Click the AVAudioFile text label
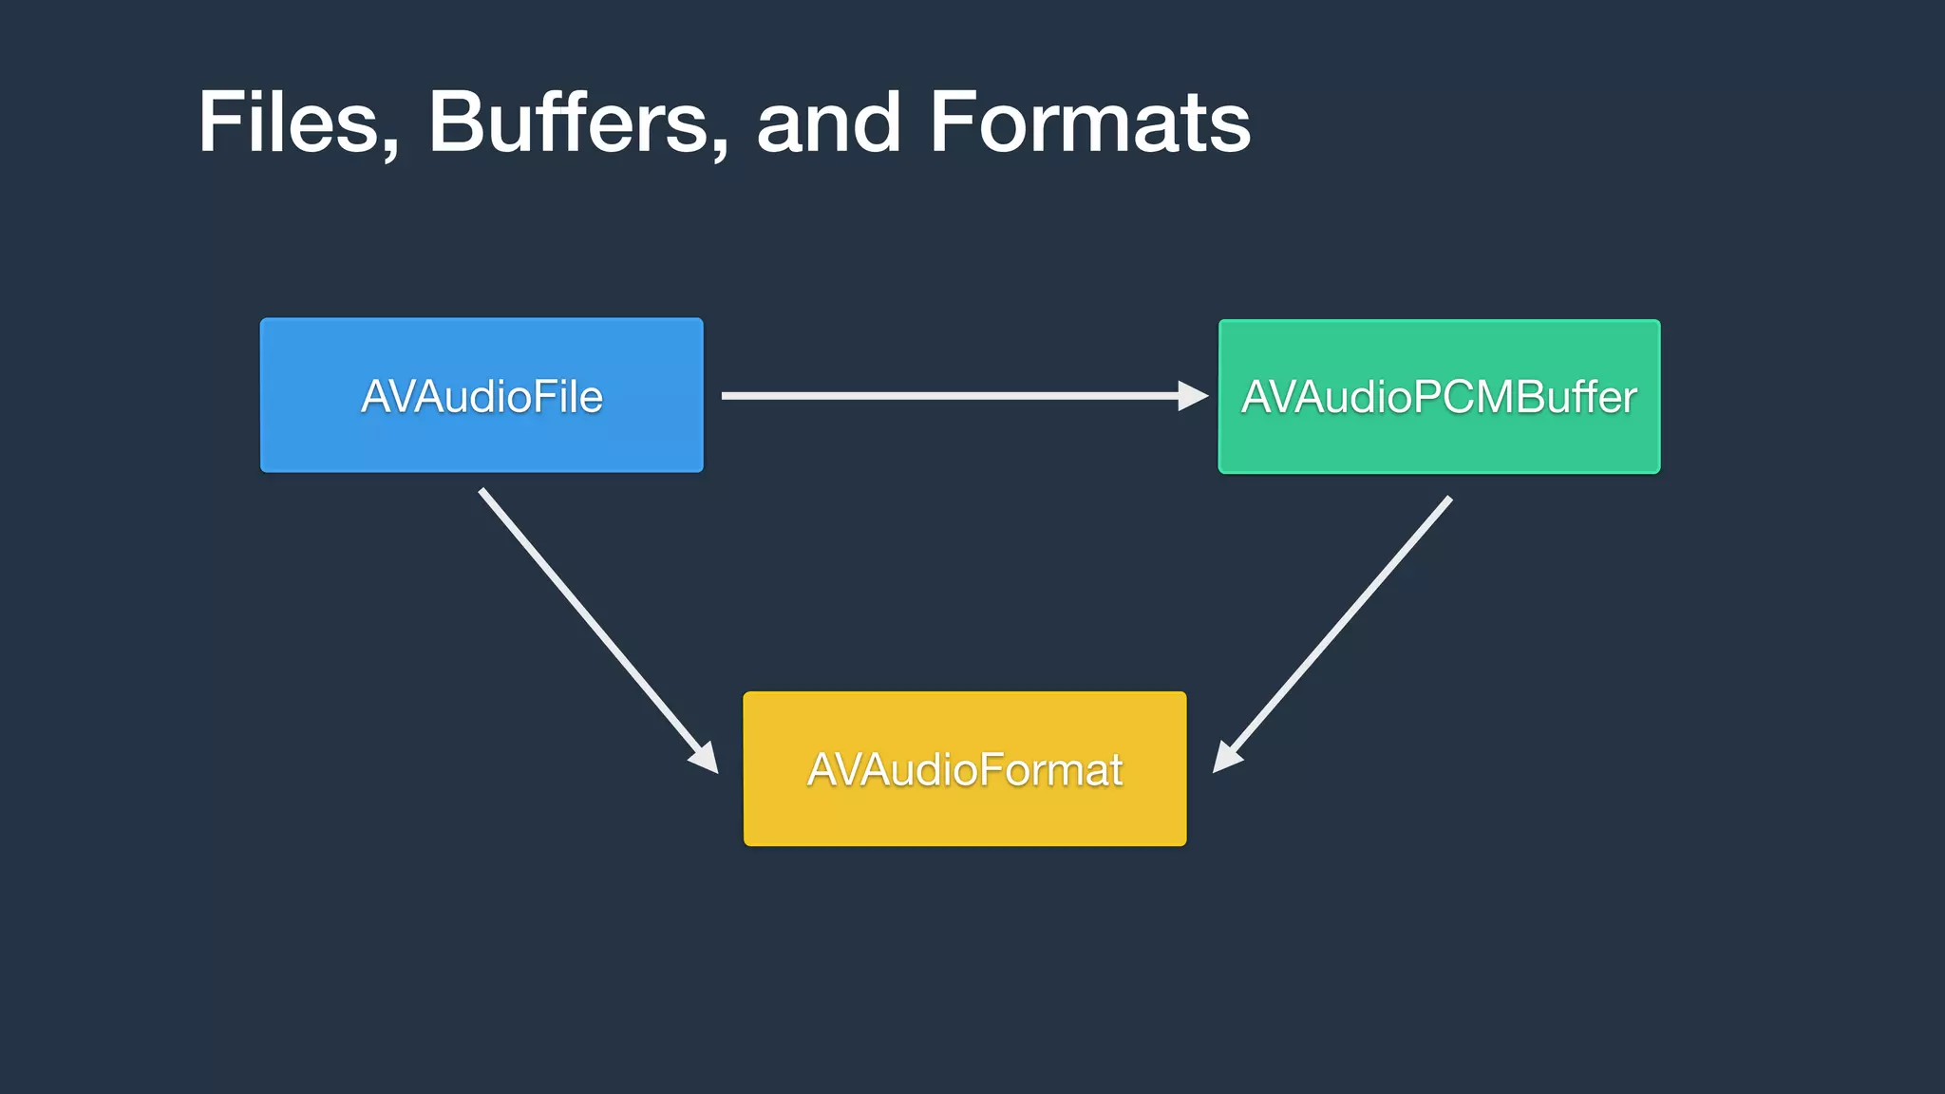click(482, 397)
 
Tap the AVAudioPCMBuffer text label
click(1439, 397)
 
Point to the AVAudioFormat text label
click(964, 769)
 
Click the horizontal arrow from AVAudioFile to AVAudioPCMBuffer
click(950, 395)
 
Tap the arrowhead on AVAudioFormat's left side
click(705, 758)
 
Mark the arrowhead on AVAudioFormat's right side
click(1226, 758)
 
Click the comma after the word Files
click(389, 149)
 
